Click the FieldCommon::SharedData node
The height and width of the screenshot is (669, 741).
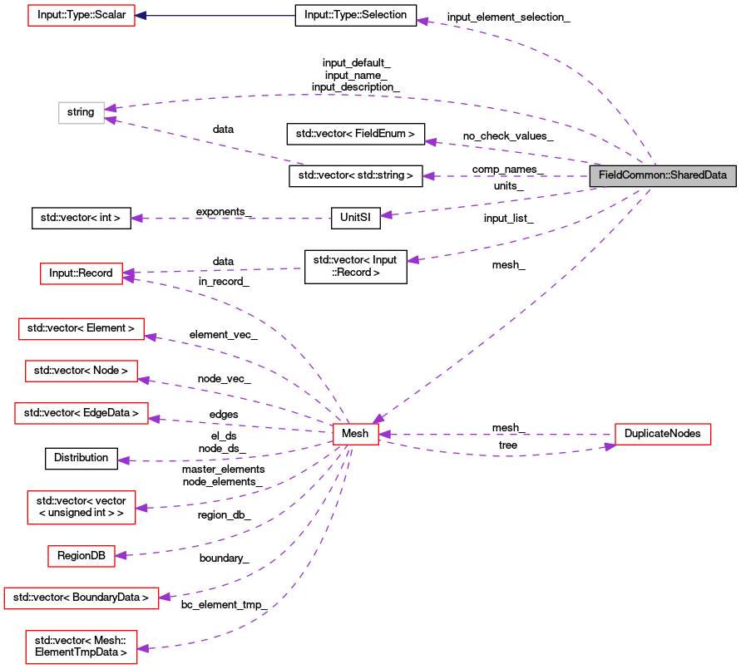pos(663,175)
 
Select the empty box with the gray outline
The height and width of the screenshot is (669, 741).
pos(82,113)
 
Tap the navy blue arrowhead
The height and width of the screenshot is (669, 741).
pos(141,16)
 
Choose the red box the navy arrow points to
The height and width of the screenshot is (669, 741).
pos(82,15)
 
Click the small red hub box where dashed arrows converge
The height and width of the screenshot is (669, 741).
pos(356,434)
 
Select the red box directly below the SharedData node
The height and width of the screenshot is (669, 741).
pos(663,434)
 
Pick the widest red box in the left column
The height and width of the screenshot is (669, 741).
pos(82,598)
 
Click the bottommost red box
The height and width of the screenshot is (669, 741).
pos(82,647)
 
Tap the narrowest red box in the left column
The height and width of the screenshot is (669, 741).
pos(82,557)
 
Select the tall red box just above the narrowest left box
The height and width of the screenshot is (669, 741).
pos(82,508)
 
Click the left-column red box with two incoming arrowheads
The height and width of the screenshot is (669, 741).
pos(82,273)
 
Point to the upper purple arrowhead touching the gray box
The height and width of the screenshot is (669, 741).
pos(111,107)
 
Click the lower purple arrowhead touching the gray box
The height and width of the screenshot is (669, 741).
pos(111,121)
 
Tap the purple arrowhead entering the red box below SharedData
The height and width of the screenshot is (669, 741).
pos(610,446)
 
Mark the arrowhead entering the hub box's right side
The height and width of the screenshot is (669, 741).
pos(384,434)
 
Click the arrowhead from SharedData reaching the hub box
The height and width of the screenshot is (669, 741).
pos(378,418)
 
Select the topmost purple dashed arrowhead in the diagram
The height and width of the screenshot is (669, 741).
pos(422,21)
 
